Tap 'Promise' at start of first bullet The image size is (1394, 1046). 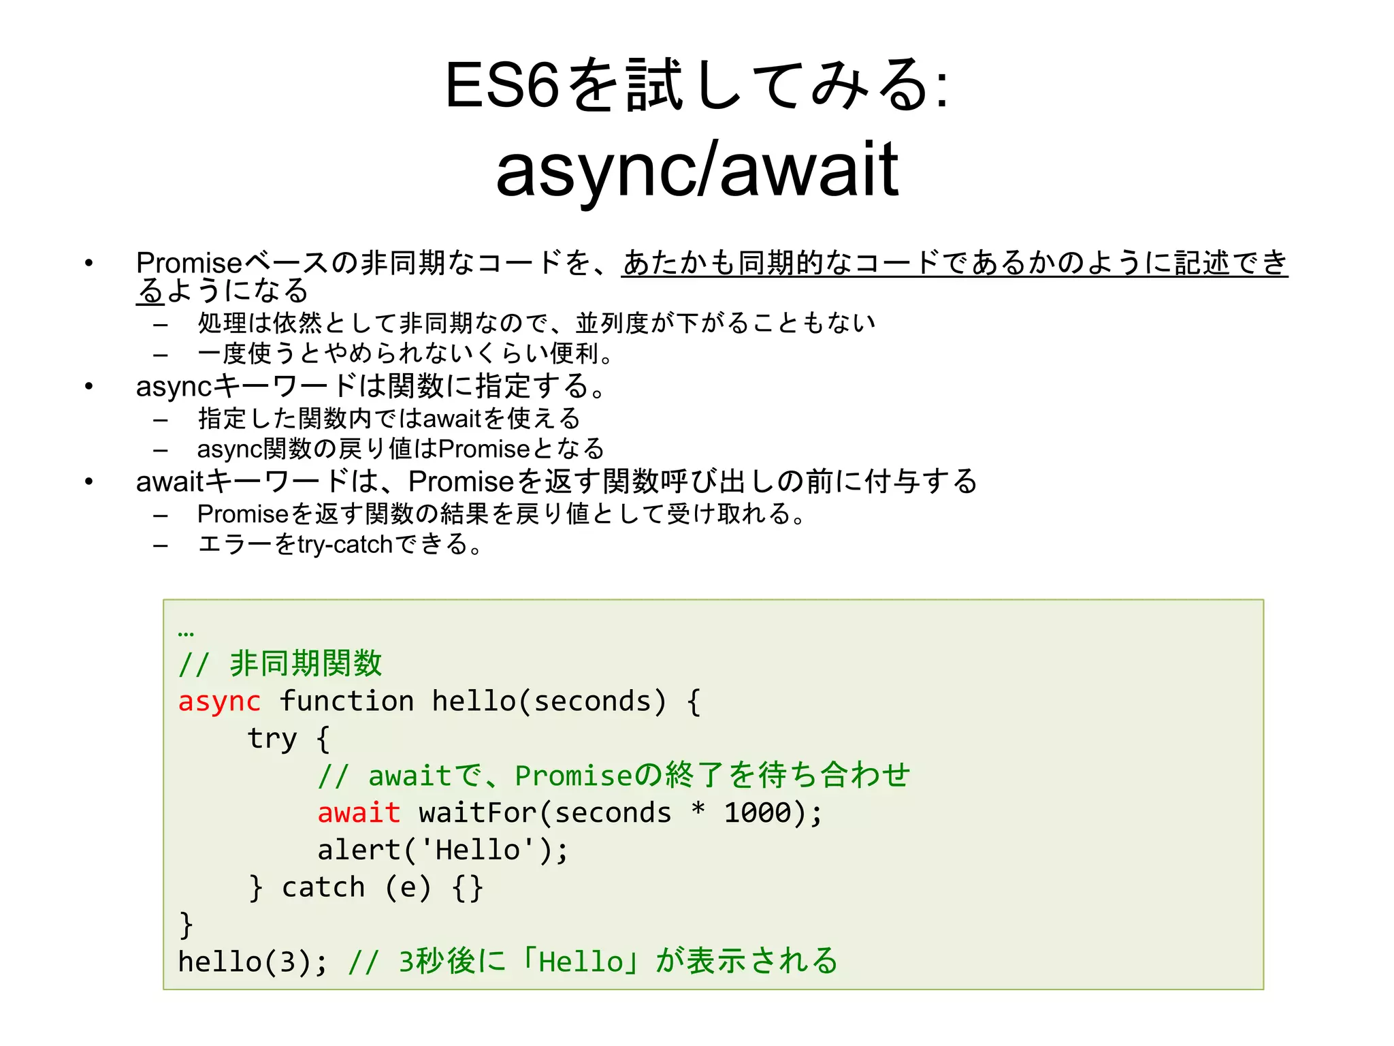click(x=189, y=263)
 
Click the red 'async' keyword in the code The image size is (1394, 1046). click(x=219, y=701)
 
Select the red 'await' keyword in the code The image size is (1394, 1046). click(x=359, y=813)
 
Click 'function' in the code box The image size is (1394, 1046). click(x=346, y=701)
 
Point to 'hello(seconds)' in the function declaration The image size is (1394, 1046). click(x=549, y=701)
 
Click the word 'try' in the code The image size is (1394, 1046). click(x=272, y=739)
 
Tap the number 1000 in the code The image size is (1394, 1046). click(x=758, y=813)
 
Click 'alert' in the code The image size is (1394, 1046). click(x=359, y=850)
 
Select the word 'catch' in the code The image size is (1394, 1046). click(x=323, y=887)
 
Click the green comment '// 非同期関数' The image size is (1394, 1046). click(x=280, y=664)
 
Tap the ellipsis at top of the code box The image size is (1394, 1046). click(x=185, y=633)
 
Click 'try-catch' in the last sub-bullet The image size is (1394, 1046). click(x=346, y=545)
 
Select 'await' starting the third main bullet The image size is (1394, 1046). click(x=169, y=482)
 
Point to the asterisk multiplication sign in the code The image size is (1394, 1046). click(x=698, y=810)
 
